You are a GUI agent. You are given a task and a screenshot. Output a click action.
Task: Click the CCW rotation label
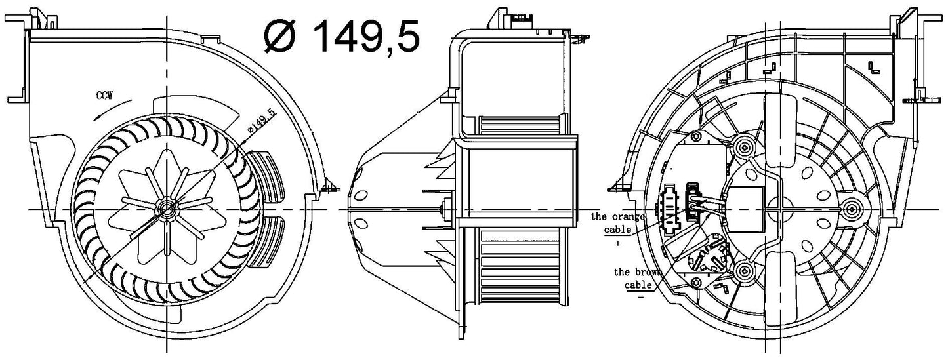click(104, 96)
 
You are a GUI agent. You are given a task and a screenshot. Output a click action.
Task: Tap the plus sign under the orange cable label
click(618, 243)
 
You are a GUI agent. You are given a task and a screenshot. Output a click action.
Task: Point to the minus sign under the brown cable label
click(641, 297)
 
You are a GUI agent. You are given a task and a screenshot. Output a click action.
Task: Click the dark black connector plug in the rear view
click(691, 201)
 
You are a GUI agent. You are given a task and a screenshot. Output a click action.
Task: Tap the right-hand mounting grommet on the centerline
click(851, 209)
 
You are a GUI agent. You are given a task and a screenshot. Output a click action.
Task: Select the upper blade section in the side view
click(520, 125)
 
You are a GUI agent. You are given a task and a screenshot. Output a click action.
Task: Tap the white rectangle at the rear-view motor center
click(746, 209)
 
